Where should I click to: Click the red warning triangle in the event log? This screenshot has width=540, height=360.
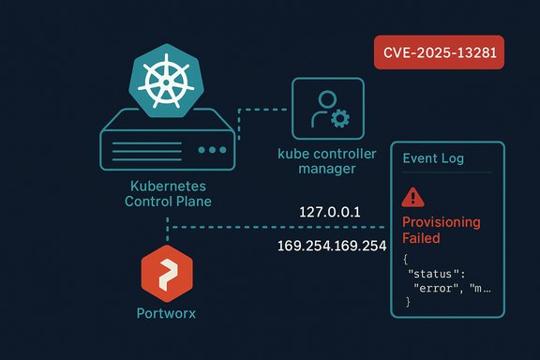(x=412, y=197)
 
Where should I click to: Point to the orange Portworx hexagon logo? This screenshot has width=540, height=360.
(x=167, y=273)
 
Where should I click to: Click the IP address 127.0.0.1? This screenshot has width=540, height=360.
(x=331, y=211)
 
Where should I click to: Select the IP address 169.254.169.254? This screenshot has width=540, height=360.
(x=332, y=246)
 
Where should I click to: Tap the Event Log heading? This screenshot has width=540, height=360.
(x=433, y=159)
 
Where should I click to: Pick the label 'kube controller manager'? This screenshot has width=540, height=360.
(x=328, y=161)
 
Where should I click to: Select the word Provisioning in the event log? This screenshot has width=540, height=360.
(x=441, y=222)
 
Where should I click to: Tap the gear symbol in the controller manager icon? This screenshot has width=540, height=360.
(x=339, y=118)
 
